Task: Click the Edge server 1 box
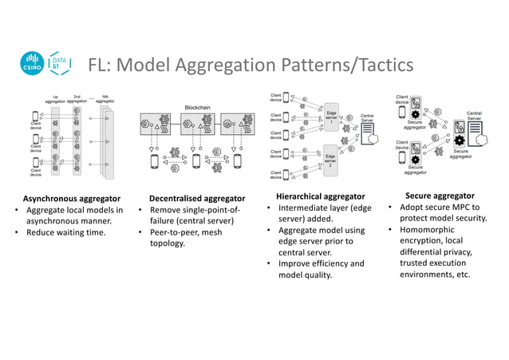click(331, 120)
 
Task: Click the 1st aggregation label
click(55, 99)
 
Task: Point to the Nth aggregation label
click(105, 99)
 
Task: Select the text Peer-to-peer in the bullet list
click(168, 233)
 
